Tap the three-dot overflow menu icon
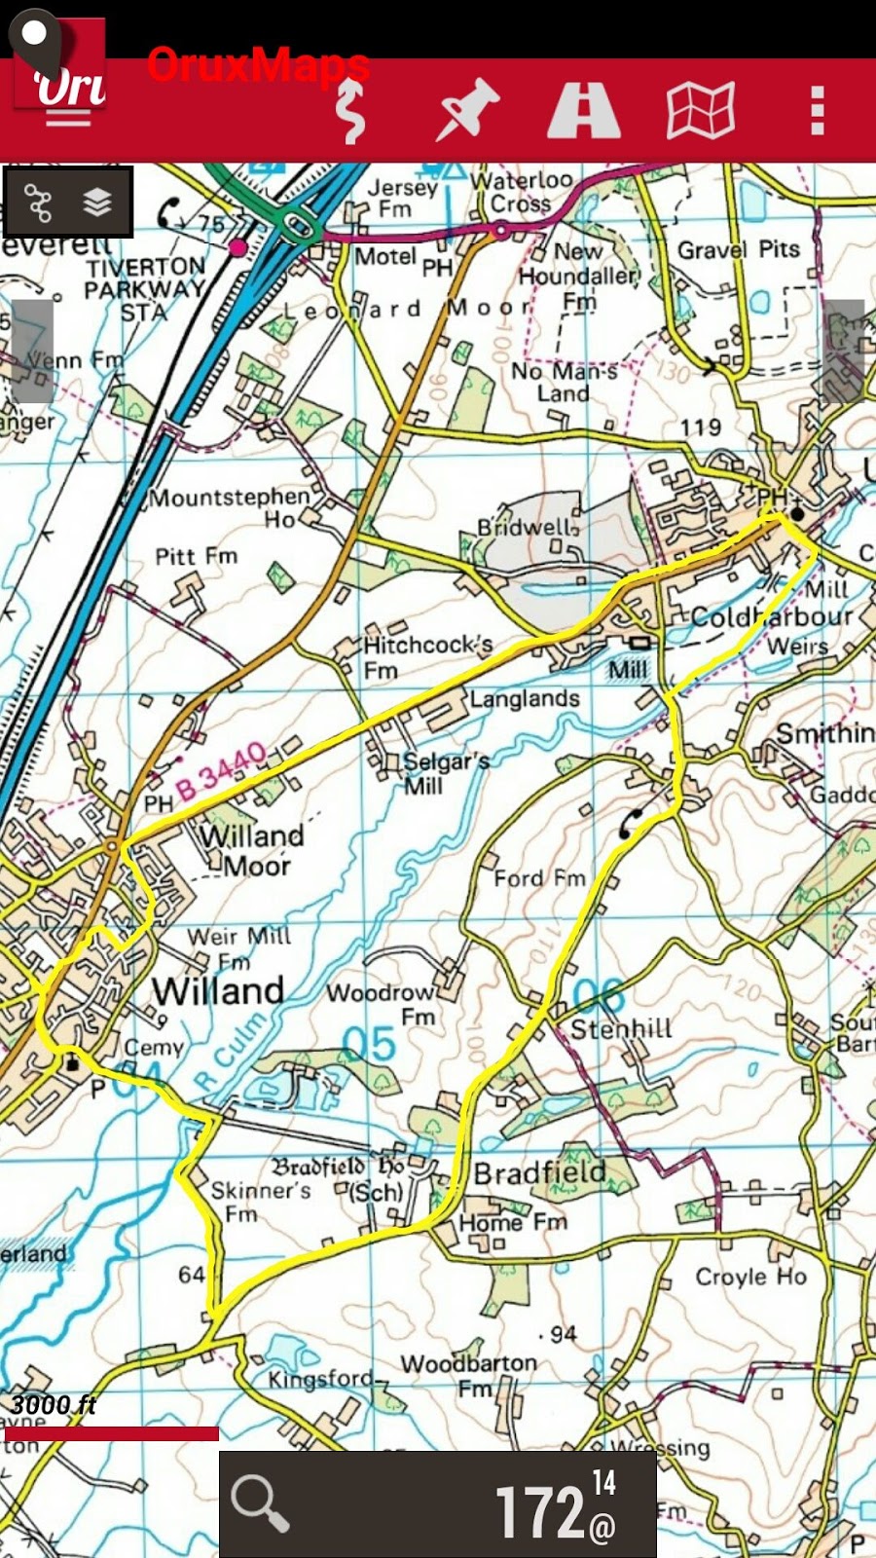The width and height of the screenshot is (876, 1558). coord(818,110)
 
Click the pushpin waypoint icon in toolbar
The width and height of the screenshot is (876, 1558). coord(467,110)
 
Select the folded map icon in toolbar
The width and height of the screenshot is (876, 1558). coord(700,110)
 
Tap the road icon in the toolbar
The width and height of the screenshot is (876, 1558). coord(583,110)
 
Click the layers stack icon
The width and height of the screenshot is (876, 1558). coord(97,203)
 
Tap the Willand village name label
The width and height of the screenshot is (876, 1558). coord(218,991)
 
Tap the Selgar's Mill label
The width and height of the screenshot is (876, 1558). coord(444,772)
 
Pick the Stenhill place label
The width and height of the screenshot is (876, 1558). coord(621,1029)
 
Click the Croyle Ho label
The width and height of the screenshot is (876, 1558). coord(750,1277)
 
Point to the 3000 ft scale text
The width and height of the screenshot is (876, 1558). coord(54,1404)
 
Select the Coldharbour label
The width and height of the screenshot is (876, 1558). coord(771,617)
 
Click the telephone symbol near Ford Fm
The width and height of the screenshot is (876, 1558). coord(631,824)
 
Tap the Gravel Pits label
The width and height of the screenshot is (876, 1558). coord(738,250)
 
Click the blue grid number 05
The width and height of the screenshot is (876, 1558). coord(370,1044)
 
